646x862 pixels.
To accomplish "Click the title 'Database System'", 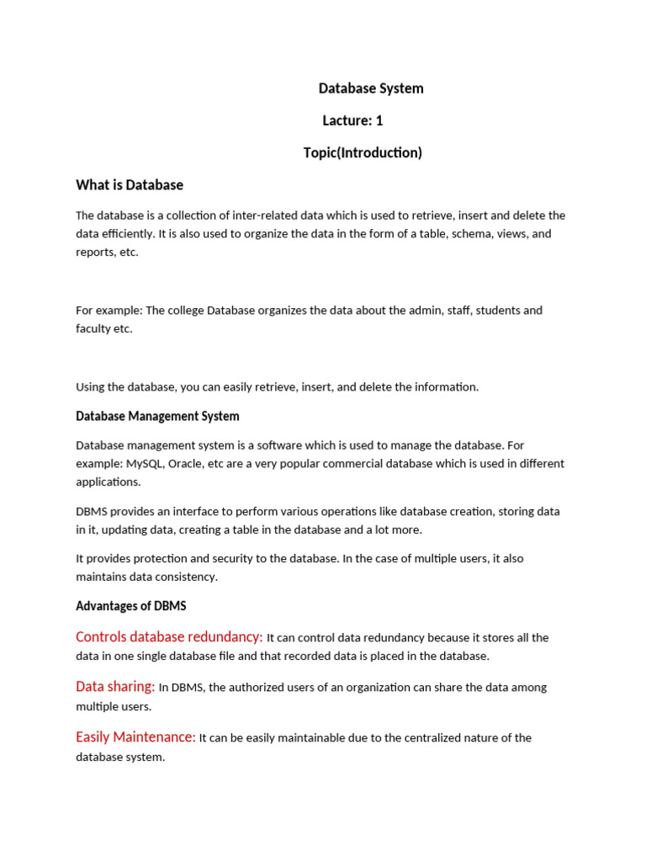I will pos(371,88).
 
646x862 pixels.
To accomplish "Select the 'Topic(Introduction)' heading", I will pos(363,152).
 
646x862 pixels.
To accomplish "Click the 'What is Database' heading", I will pos(130,184).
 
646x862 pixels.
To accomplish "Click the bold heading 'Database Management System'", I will pos(157,416).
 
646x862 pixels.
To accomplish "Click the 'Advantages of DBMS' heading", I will pos(131,606).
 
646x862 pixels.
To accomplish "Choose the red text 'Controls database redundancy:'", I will pos(169,637).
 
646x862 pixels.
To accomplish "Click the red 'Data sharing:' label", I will pos(115,687).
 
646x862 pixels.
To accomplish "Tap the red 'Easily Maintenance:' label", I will pos(135,737).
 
